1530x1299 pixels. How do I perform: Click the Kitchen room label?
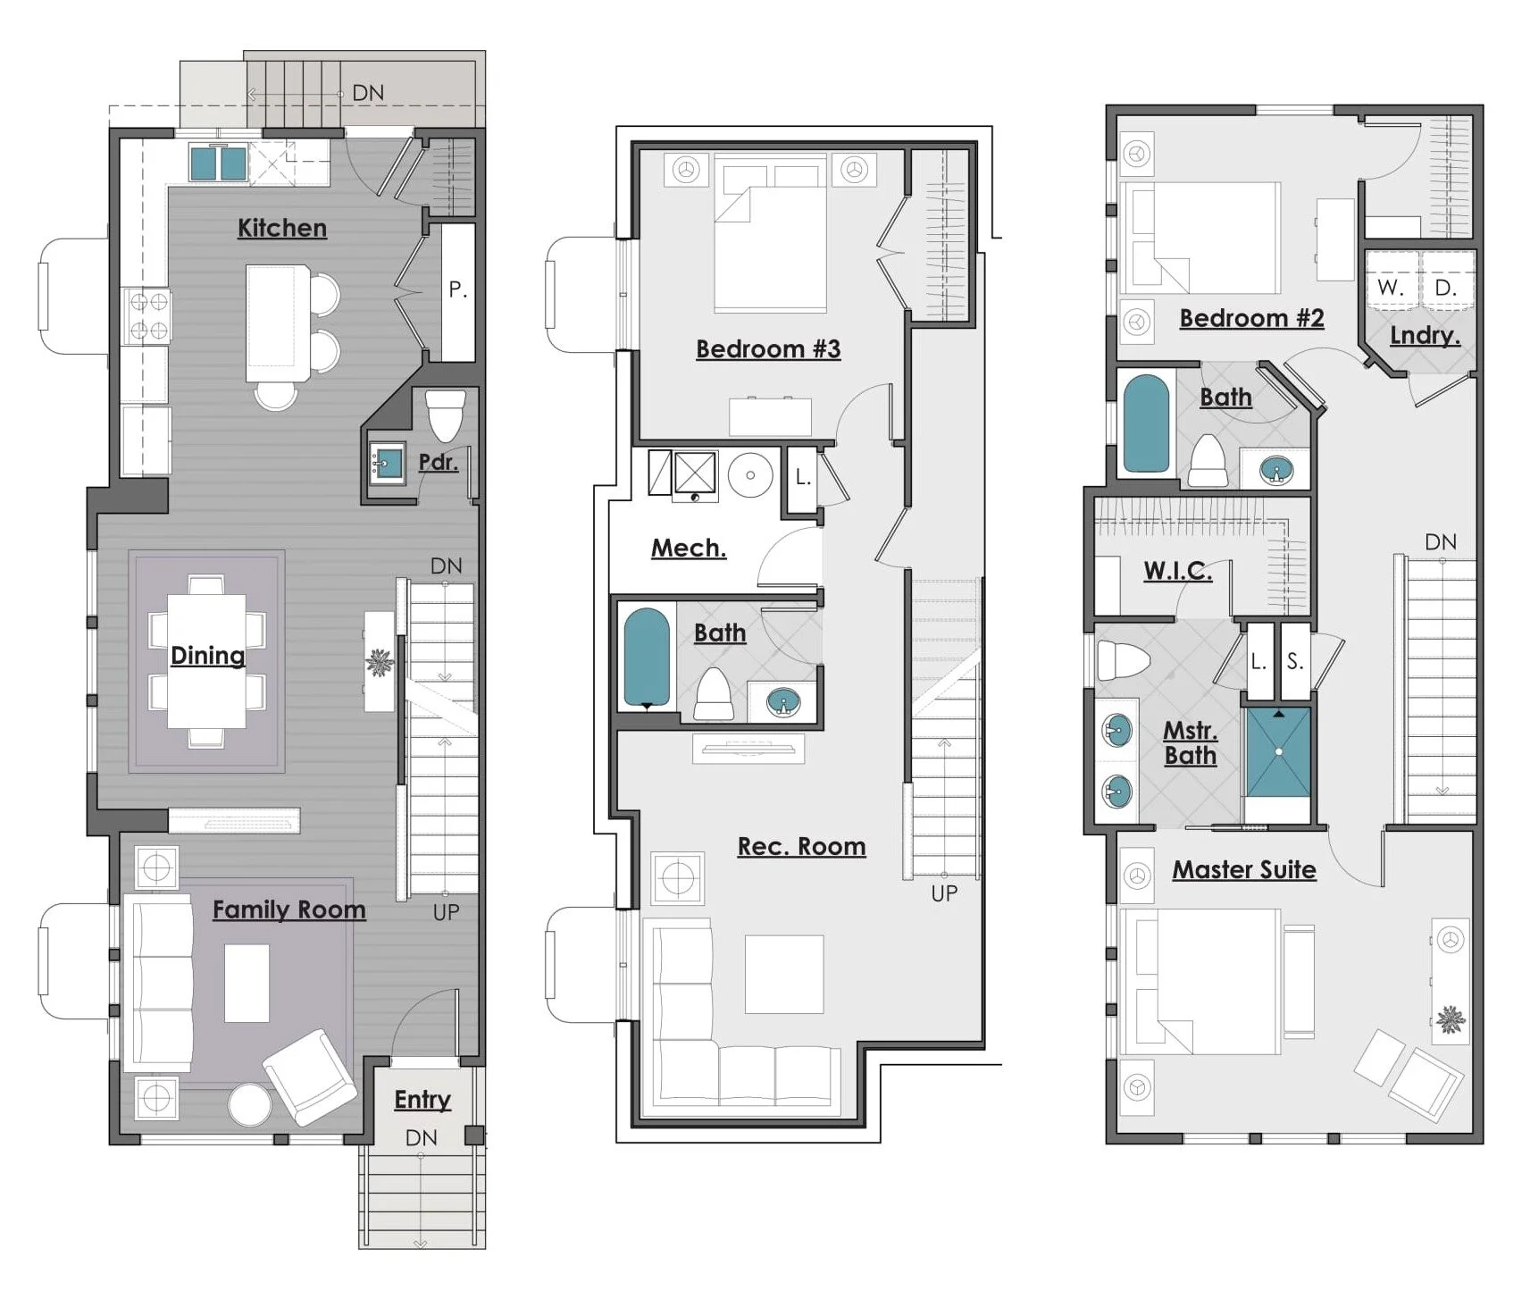281,228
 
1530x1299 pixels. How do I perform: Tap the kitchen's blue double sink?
218,164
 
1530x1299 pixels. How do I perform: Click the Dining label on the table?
207,656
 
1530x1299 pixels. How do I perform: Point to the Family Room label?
288,909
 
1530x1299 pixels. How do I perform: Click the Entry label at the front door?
422,1099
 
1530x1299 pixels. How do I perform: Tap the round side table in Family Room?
249,1106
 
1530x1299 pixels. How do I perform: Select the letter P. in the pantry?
457,289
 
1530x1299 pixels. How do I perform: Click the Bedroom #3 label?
767,348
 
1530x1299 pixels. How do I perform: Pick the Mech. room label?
688,548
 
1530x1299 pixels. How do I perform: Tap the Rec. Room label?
801,846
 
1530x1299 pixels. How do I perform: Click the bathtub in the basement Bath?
646,658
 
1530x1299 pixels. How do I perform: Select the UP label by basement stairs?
944,893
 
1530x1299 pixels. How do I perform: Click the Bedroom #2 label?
1250,318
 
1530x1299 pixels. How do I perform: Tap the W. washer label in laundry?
1390,288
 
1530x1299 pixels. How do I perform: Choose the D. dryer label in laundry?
1445,288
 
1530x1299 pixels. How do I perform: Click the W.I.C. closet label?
1177,571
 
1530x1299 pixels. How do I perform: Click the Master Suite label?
1243,869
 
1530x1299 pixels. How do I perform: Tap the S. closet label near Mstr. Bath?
1294,662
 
